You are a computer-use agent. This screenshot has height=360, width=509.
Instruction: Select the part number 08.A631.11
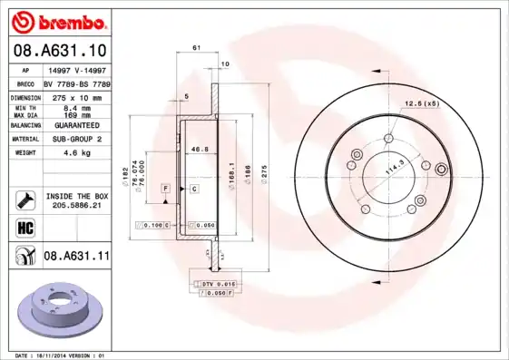pyautogui.click(x=76, y=257)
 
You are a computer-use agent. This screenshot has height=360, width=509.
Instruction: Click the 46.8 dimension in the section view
pyautogui.click(x=200, y=150)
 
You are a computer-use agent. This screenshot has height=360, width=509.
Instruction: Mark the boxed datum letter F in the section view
pyautogui.click(x=166, y=188)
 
